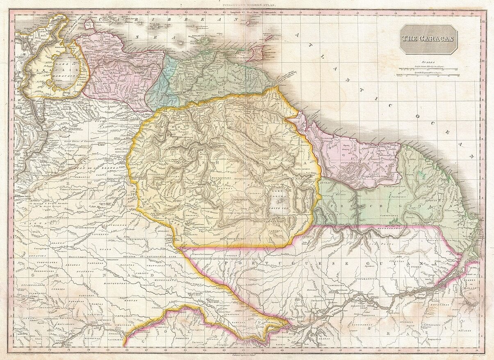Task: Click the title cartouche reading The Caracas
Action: [428, 39]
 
